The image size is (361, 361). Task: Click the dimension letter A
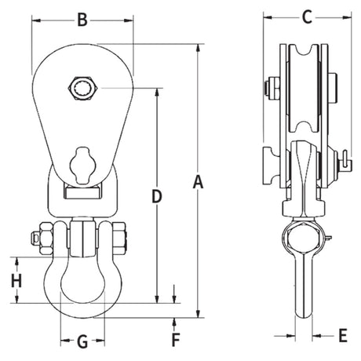point(198,182)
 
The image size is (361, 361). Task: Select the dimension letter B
point(82,20)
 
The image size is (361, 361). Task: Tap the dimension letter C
point(307,17)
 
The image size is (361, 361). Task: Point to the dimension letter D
point(157,197)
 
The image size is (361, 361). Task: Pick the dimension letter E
point(343,335)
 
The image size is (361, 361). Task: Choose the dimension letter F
point(176,340)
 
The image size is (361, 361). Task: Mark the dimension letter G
point(82,341)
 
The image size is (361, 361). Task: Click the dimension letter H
point(16,281)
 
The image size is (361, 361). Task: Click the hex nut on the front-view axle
point(82,89)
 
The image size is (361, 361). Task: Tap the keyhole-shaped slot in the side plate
point(82,166)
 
